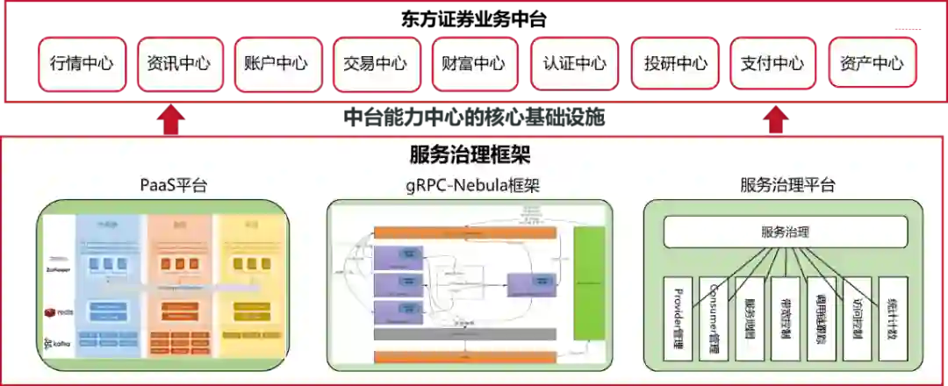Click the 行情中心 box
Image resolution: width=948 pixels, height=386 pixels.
(82, 63)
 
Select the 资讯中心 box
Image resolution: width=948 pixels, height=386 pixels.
(179, 63)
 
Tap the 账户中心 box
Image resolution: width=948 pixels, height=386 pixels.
(277, 63)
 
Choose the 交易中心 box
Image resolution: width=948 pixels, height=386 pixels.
(376, 63)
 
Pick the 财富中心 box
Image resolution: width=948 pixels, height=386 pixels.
(474, 63)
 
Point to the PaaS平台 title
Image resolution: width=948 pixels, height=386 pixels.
(173, 185)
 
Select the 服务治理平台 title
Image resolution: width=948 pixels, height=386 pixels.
(787, 185)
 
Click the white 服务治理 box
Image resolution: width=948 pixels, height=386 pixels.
(785, 232)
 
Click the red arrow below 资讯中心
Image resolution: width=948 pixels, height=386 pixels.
(176, 120)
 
